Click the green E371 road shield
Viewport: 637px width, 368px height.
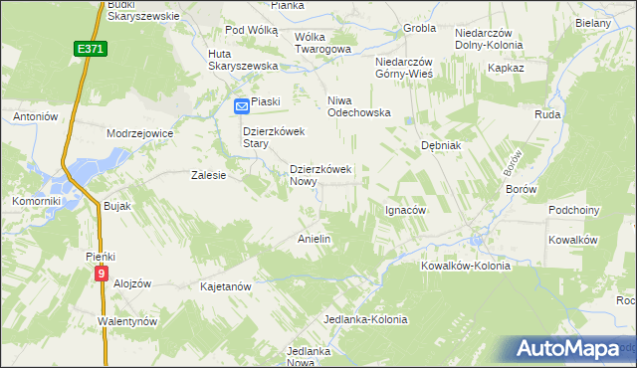[x=88, y=48]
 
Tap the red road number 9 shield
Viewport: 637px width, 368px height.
[x=102, y=271]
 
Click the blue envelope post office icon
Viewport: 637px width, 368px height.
[x=242, y=104]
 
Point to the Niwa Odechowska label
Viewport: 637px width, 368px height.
[x=359, y=112]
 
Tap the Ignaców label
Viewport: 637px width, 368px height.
[x=405, y=211]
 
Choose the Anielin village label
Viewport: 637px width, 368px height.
[x=315, y=240]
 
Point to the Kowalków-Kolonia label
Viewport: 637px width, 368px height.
[x=465, y=266]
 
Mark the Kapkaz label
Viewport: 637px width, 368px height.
[x=506, y=68]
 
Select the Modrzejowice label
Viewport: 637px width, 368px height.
[x=140, y=132]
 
